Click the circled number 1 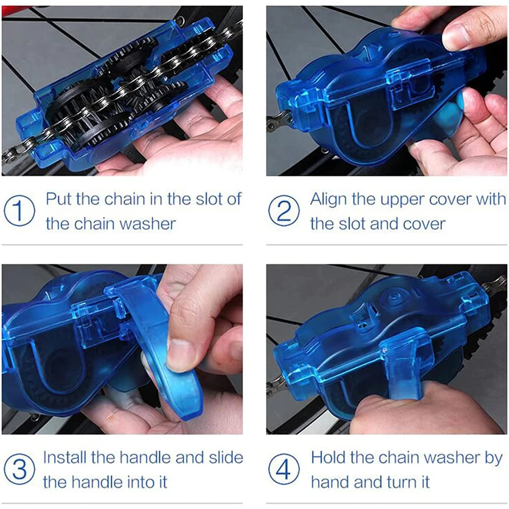[19, 211]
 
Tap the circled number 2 [284, 211]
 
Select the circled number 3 [19, 469]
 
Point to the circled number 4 [284, 469]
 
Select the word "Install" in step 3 [65, 457]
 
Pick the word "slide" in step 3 [226, 457]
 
